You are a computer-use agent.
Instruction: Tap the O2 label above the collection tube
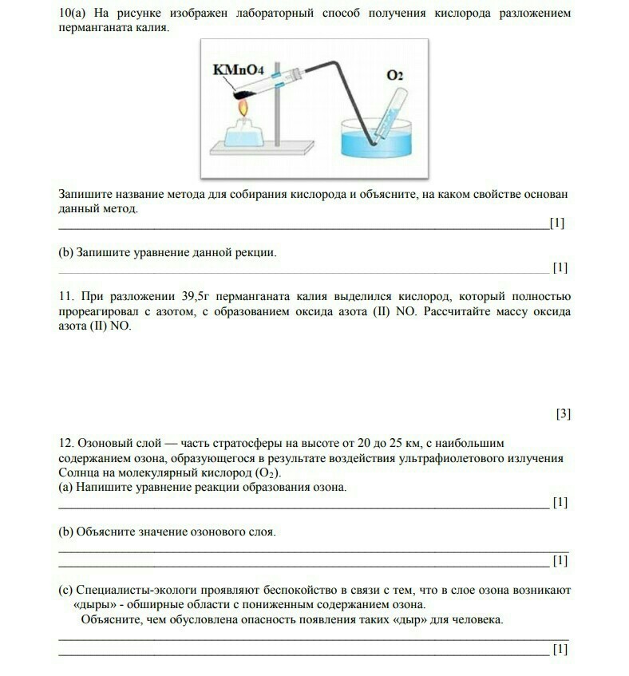point(395,76)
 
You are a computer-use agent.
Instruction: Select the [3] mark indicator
point(563,413)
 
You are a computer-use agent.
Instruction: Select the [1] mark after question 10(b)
point(560,267)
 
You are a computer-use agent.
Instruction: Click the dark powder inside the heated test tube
point(240,95)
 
